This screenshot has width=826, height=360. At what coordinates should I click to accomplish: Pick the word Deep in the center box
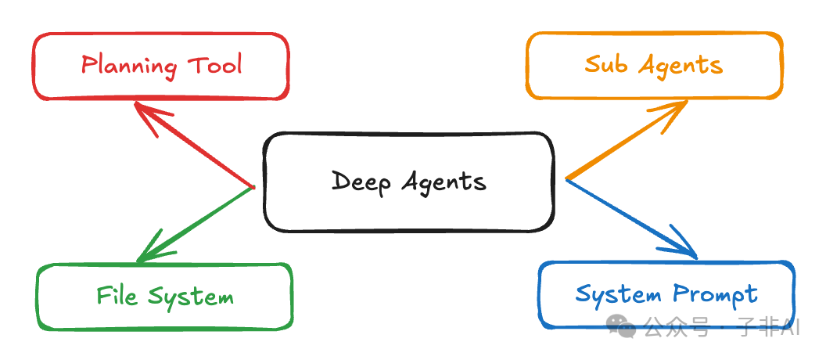pyautogui.click(x=361, y=182)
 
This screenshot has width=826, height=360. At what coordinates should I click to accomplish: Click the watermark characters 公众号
pyautogui.click(x=677, y=328)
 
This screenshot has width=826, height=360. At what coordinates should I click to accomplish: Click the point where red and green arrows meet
pyautogui.click(x=253, y=187)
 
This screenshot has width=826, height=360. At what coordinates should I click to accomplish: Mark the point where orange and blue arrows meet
pyautogui.click(x=566, y=179)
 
